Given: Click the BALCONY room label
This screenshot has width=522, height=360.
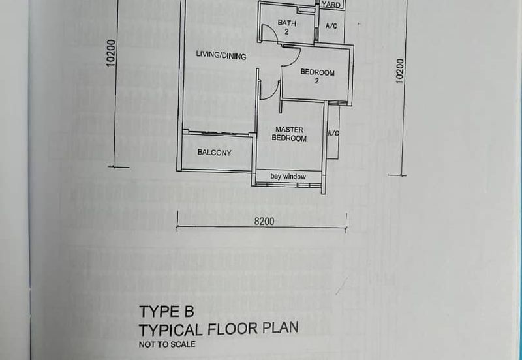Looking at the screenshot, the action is pos(215,153).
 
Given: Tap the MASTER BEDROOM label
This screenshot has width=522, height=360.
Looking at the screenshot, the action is pos(289,134).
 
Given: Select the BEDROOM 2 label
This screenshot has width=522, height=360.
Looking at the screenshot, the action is pos(317,76).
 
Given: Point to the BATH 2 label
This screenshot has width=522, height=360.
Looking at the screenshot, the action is pos(286,27).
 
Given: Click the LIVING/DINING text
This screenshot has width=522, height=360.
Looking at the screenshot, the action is pos(221,55).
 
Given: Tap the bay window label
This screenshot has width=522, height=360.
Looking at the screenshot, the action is pos(288,176).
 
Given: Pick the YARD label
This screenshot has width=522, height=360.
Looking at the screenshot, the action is pos(331,5).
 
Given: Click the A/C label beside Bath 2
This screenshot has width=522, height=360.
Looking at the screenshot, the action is pos(331,25).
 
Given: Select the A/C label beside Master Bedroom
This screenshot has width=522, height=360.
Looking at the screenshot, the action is pos(333,134).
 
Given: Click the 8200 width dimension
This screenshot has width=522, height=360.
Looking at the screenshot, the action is pos(264,221).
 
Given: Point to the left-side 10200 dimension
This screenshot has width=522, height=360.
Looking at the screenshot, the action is pos(111,53).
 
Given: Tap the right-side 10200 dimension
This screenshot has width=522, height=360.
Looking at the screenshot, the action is pos(399,71).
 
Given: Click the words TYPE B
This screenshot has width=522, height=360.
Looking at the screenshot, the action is pos(166,312).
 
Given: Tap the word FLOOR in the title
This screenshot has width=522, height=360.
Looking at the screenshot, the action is pos(233,329).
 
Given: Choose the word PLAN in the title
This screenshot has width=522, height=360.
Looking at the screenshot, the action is pos(281,328).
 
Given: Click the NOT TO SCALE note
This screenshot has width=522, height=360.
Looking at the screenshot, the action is pos(167,344).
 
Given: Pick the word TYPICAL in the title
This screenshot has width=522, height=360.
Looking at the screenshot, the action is pos(171,331).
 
